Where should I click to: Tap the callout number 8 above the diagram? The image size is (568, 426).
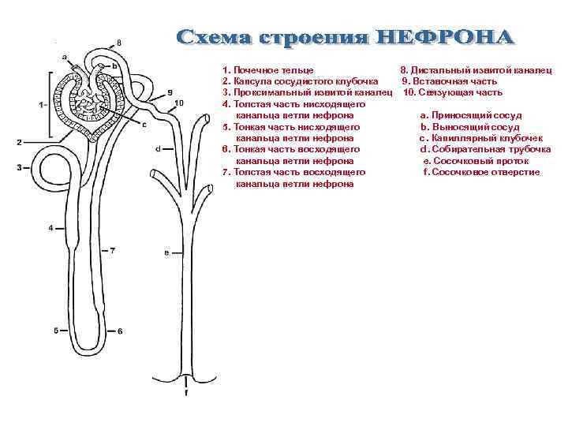point(119,41)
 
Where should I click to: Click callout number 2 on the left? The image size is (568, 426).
point(18,142)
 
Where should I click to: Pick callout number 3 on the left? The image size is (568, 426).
point(18,167)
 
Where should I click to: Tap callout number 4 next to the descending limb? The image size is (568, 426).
point(50,228)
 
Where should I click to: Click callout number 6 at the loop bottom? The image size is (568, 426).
point(120,331)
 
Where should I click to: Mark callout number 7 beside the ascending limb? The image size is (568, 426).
point(113,250)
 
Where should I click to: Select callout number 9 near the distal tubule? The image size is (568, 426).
point(170,92)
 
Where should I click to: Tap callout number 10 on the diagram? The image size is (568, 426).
point(179,103)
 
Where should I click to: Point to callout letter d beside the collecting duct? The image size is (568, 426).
point(159,148)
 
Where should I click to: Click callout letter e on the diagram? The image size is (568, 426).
point(166,252)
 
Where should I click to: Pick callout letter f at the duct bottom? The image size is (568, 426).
point(186,392)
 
